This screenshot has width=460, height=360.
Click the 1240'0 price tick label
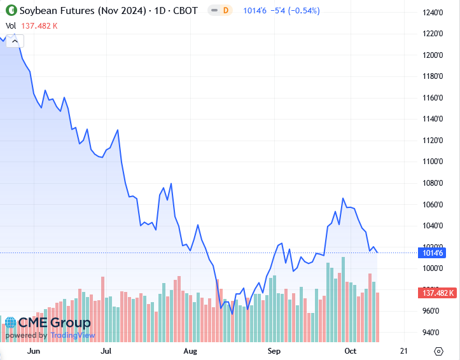(433, 12)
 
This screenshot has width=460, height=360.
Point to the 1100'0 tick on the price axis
(433, 162)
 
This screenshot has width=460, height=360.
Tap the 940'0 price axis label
(433, 333)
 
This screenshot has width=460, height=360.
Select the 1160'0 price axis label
(433, 98)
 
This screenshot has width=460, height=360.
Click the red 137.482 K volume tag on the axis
(436, 293)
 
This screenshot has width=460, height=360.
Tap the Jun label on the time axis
(34, 350)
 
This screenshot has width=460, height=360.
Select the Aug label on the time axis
(190, 350)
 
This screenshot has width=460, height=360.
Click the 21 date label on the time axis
(403, 350)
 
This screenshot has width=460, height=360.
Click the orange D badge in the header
(225, 11)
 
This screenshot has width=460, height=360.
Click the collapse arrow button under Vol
(15, 41)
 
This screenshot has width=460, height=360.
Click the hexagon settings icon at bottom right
(438, 351)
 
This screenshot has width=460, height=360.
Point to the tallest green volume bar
(343, 299)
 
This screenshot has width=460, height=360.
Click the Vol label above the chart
(10, 26)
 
